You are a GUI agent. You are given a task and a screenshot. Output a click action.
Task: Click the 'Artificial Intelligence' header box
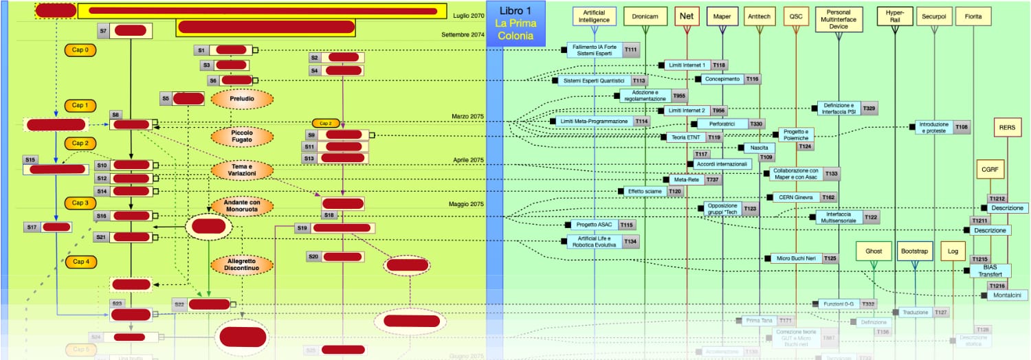tap(595, 16)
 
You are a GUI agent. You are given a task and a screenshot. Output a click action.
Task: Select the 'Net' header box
tap(686, 16)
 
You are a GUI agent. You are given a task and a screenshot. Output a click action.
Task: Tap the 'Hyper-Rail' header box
tap(895, 16)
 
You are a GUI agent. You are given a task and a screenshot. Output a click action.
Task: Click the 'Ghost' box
tap(873, 251)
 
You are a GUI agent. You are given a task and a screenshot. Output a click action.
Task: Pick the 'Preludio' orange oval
tap(237, 99)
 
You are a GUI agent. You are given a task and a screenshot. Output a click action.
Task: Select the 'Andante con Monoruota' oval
tap(237, 206)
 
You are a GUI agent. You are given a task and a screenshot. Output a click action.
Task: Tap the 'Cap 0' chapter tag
tap(80, 50)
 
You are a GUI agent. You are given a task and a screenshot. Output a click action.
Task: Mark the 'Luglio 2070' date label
tap(469, 15)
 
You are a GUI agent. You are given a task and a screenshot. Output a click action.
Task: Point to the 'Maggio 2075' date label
tap(467, 204)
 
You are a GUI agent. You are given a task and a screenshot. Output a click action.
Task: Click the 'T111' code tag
tap(631, 50)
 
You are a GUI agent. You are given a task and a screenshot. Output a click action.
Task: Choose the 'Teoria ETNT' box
tap(686, 137)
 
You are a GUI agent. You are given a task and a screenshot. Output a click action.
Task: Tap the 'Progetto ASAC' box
tap(593, 225)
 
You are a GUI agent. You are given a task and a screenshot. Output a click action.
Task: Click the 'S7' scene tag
tap(103, 31)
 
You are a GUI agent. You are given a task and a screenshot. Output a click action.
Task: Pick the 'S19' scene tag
tap(302, 227)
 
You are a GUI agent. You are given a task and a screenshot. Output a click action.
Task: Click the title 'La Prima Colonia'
tap(515, 30)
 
